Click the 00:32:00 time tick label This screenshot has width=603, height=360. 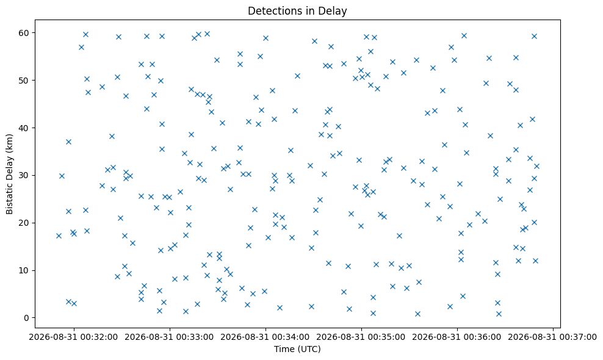tap(74, 337)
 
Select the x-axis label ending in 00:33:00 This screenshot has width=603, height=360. tap(170, 337)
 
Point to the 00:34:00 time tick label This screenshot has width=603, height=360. tap(265, 337)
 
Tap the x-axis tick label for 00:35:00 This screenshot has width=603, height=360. tap(361, 337)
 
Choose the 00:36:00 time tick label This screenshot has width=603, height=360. tap(457, 337)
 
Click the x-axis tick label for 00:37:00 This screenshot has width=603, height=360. tap(552, 337)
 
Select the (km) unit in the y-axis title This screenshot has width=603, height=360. tap(9, 142)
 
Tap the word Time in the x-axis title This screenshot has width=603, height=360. tap(282, 349)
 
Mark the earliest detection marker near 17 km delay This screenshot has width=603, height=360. tap(59, 236)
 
